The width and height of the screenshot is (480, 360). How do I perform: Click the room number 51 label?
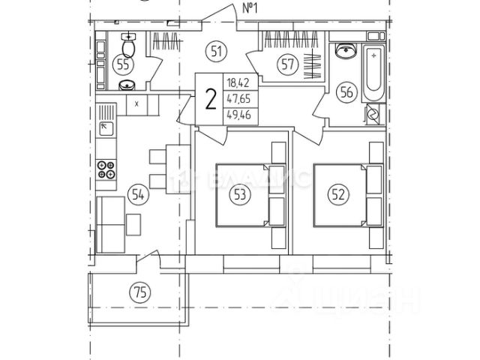coord(217,52)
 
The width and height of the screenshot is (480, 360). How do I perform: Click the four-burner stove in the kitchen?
coord(106,170)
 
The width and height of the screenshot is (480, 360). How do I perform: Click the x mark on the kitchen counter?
coord(136,103)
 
